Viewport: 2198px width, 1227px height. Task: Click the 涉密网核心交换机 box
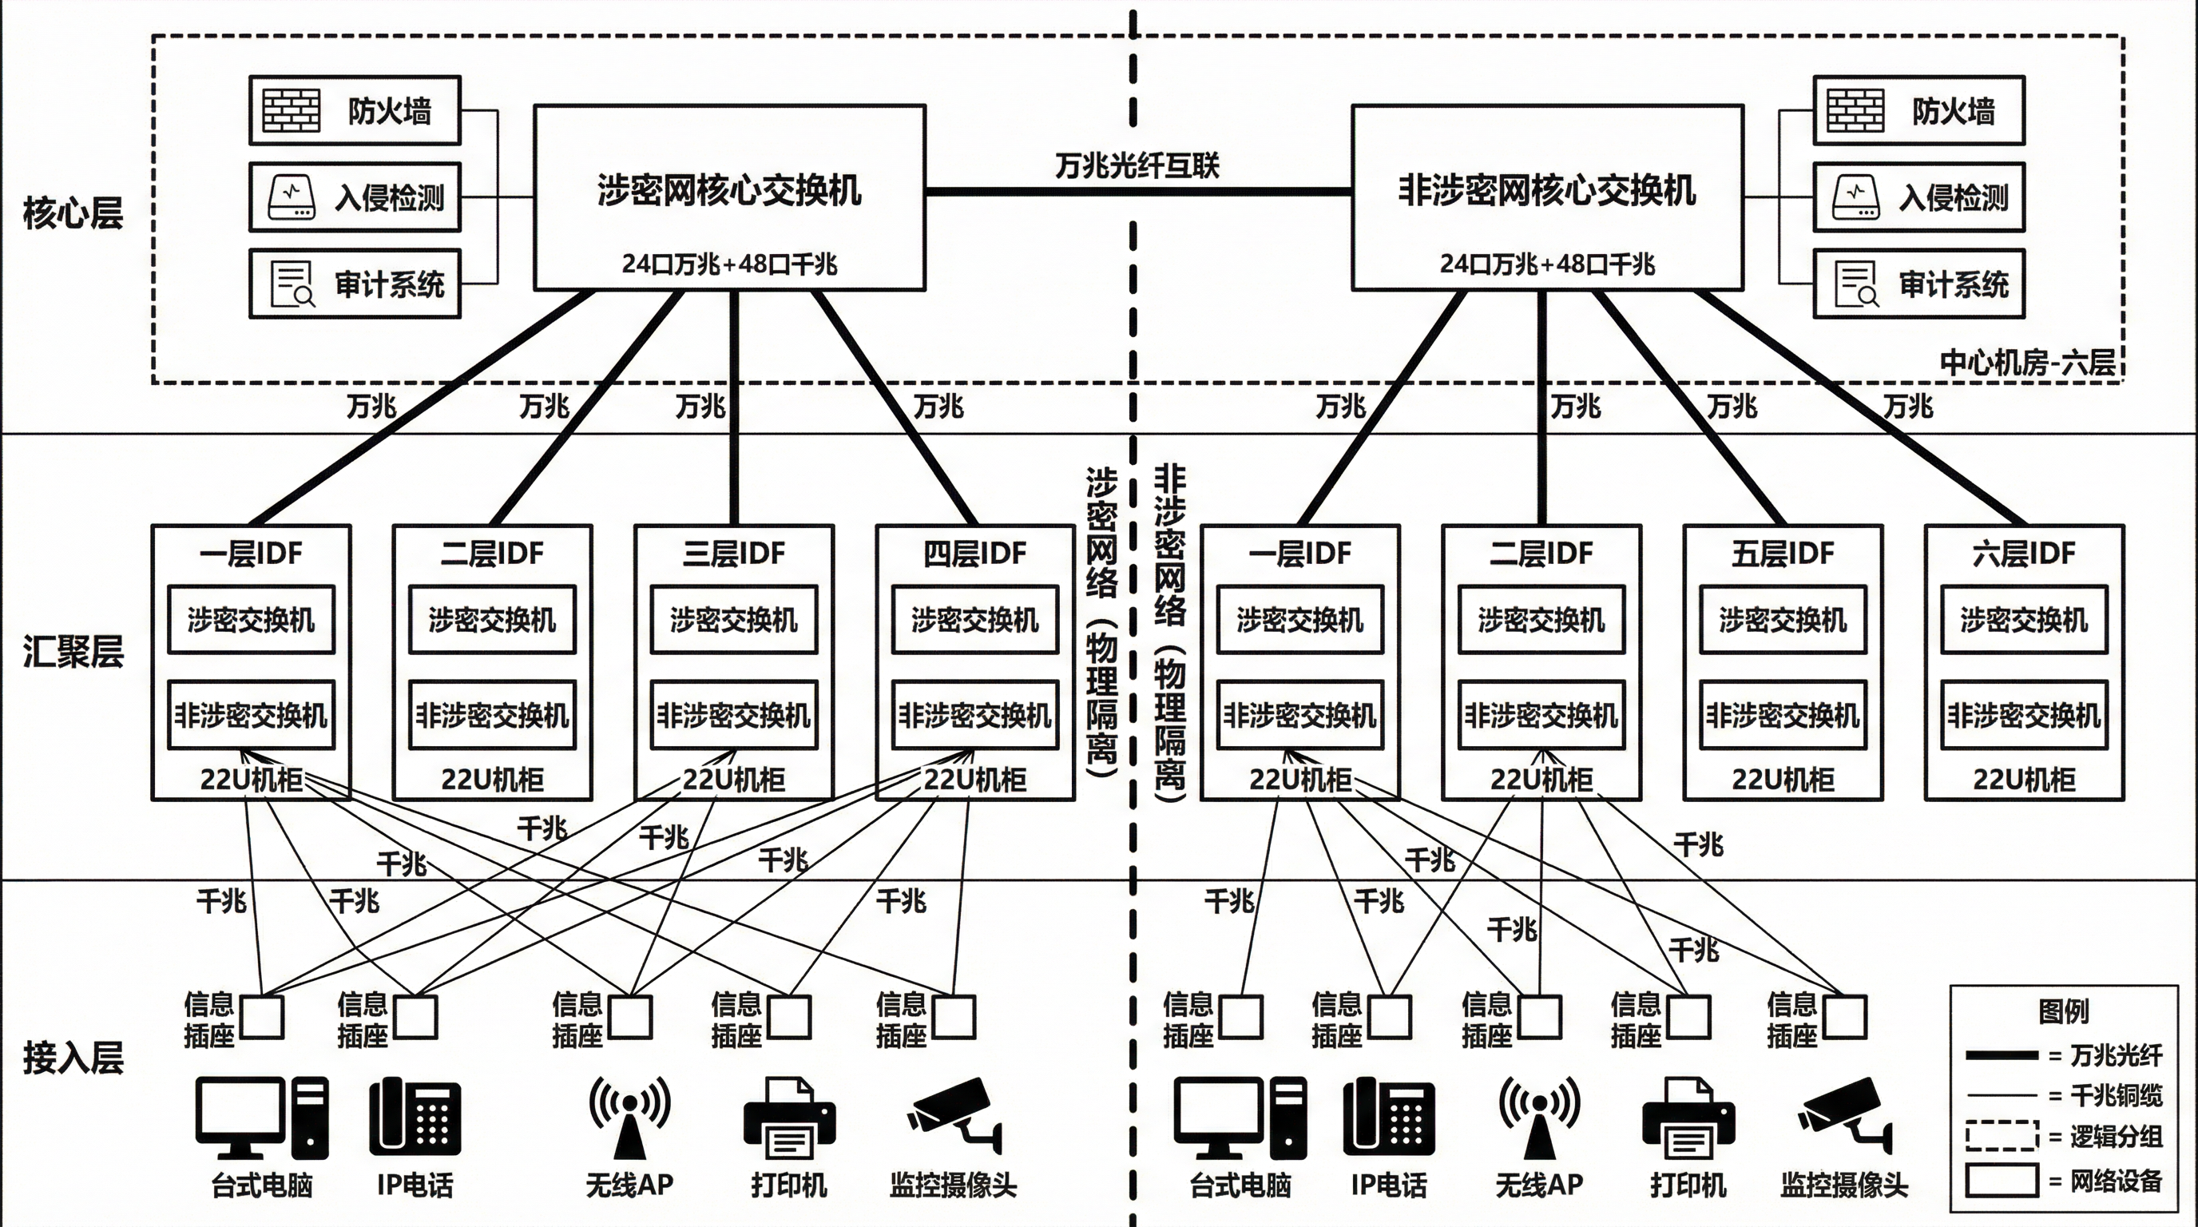(729, 197)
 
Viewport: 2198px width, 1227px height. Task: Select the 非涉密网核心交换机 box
(1547, 197)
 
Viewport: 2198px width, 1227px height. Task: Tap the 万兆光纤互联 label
(1137, 165)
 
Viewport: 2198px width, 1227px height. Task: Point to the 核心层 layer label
(73, 212)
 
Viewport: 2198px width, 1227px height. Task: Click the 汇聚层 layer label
(73, 651)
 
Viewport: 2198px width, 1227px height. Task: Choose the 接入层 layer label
(73, 1058)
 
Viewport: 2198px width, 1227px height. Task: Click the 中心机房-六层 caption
(2027, 363)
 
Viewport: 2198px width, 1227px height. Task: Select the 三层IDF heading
(734, 554)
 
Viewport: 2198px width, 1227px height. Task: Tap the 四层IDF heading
(975, 554)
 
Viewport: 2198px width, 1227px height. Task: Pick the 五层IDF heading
(1783, 554)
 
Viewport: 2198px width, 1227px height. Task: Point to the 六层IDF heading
(2024, 554)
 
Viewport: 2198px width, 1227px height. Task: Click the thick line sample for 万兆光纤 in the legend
(2001, 1055)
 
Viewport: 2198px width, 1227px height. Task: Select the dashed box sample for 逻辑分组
(2001, 1136)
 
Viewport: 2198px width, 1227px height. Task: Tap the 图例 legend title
(2063, 1011)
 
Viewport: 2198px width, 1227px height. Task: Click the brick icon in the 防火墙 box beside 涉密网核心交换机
(291, 111)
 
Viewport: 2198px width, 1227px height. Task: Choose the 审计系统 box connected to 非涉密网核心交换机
(1919, 284)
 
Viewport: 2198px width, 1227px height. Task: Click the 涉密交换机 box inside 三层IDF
(734, 619)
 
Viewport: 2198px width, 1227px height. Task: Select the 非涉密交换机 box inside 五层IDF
(1783, 715)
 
